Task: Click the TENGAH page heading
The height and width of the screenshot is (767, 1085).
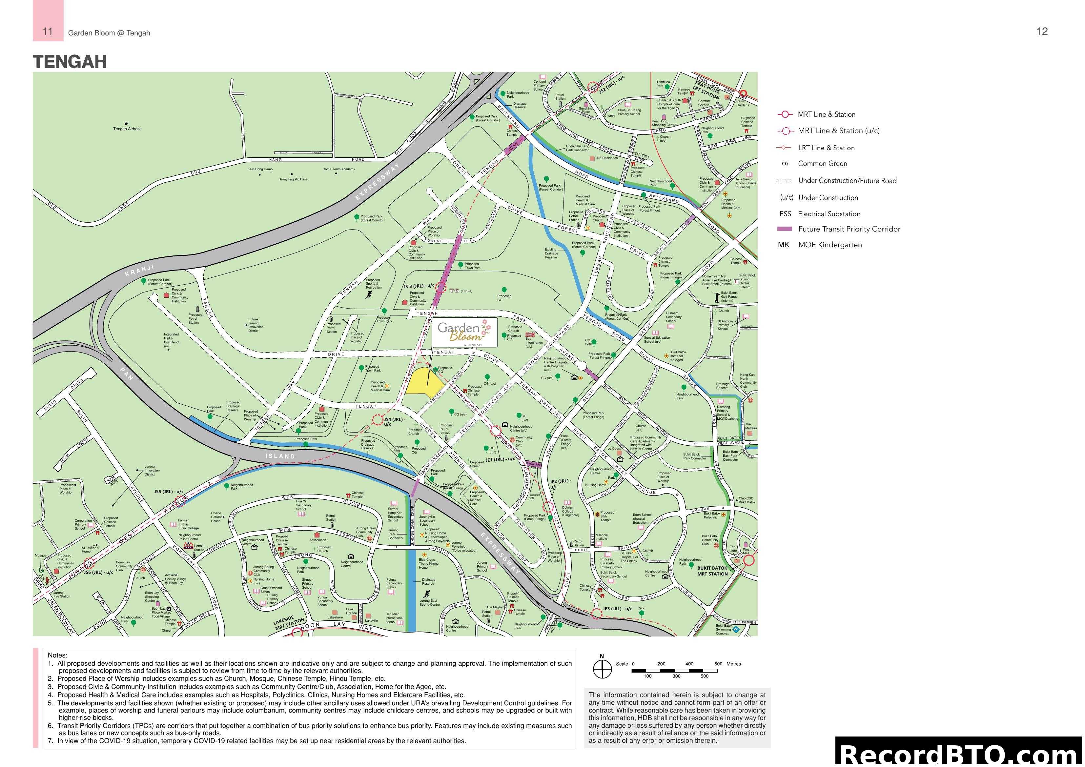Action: pyautogui.click(x=70, y=62)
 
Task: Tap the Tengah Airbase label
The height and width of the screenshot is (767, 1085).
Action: pyautogui.click(x=127, y=129)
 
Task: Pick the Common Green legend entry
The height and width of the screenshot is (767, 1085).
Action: pyautogui.click(x=822, y=164)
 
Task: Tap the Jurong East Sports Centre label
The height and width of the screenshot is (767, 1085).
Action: pyautogui.click(x=429, y=602)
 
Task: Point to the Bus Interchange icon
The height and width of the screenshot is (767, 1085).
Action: pyautogui.click(x=530, y=334)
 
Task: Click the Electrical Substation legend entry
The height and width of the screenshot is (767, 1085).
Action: pyautogui.click(x=829, y=213)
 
